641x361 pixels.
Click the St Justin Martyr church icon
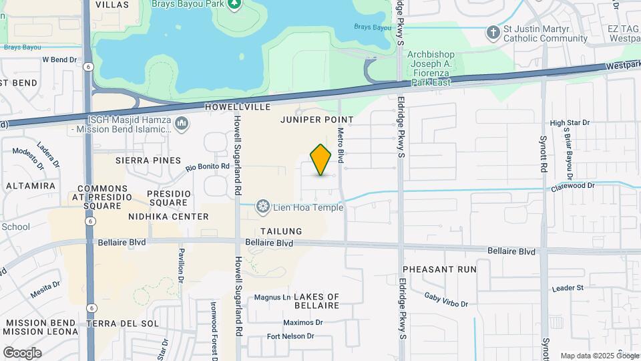coord(493,33)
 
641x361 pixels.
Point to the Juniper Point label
coord(316,119)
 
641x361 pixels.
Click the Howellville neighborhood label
coord(238,107)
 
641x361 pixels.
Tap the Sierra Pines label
coord(148,160)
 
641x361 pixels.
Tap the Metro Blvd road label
coord(341,146)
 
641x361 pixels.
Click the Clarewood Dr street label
coord(572,185)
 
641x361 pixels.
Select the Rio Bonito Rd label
coord(208,166)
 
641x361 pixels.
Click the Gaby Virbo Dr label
coord(446,299)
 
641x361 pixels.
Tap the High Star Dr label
coord(570,123)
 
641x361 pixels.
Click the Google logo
coord(22,352)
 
